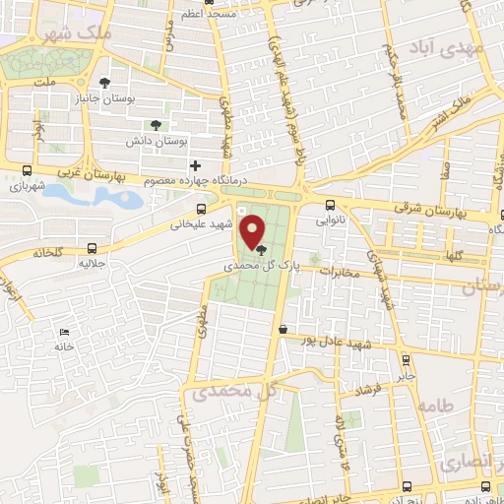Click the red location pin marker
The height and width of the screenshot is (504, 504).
[x=253, y=233]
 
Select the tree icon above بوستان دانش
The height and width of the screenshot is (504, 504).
[x=155, y=124]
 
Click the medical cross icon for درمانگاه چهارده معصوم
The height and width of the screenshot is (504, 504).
[x=195, y=165]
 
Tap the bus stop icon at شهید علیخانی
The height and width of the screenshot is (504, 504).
[x=202, y=209]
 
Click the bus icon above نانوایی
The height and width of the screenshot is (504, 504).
[x=330, y=206]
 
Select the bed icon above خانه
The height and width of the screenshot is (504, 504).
[x=66, y=332]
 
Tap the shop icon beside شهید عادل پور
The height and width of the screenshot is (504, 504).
[x=283, y=331]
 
